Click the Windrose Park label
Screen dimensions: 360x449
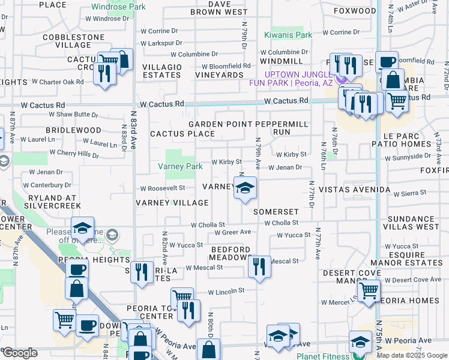(118, 7)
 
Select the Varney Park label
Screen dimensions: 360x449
(179, 166)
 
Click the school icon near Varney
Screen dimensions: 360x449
(244, 190)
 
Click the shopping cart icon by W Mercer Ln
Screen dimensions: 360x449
(369, 292)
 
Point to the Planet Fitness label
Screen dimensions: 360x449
(322, 356)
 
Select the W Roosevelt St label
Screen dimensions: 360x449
(163, 188)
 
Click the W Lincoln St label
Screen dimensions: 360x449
(226, 291)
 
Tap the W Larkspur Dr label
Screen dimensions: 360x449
(161, 43)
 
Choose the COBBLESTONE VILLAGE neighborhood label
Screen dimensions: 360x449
(67, 41)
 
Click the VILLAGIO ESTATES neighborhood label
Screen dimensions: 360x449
(162, 71)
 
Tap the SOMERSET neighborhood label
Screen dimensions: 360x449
(276, 212)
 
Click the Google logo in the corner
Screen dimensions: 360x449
(20, 353)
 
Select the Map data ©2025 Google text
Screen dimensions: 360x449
(411, 355)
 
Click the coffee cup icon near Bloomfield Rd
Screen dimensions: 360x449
(385, 61)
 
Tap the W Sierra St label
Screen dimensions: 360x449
(410, 193)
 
